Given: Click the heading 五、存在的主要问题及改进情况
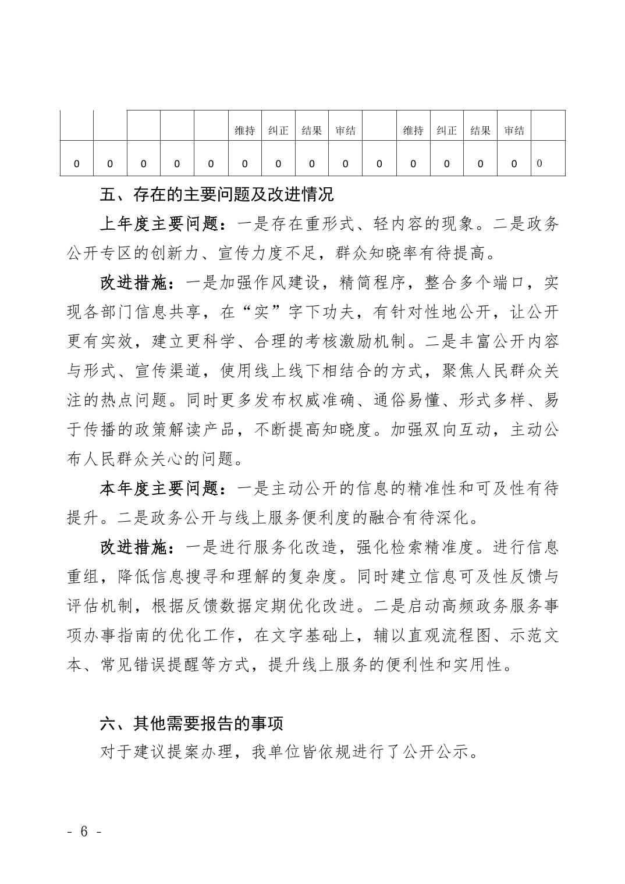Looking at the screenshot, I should [x=216, y=194].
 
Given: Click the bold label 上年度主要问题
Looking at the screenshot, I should [x=158, y=224].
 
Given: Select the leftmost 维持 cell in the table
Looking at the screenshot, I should [x=244, y=131].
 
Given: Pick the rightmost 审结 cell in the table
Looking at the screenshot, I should [x=514, y=131].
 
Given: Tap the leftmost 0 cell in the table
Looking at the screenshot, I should [x=77, y=164].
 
